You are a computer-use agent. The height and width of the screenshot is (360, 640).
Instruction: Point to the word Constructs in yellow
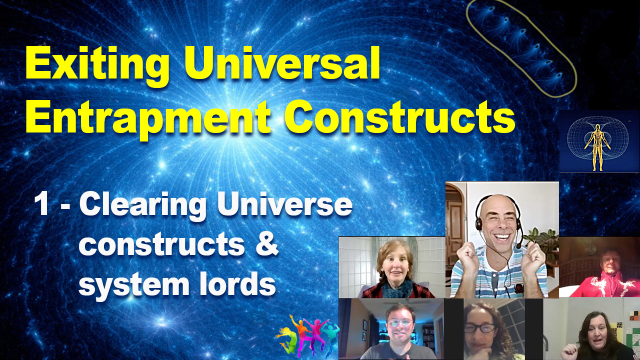(x=399, y=116)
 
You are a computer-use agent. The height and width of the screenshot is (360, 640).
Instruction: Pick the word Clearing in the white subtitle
(x=143, y=205)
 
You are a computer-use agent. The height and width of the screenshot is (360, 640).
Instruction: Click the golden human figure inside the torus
(x=597, y=147)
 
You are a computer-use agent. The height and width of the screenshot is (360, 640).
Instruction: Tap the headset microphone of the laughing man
(x=518, y=245)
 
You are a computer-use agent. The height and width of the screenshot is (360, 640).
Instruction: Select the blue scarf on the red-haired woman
(x=397, y=288)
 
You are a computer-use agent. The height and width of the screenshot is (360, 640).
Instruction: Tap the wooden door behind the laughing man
(x=455, y=228)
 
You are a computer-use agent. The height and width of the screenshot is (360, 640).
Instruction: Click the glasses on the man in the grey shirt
(x=399, y=323)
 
